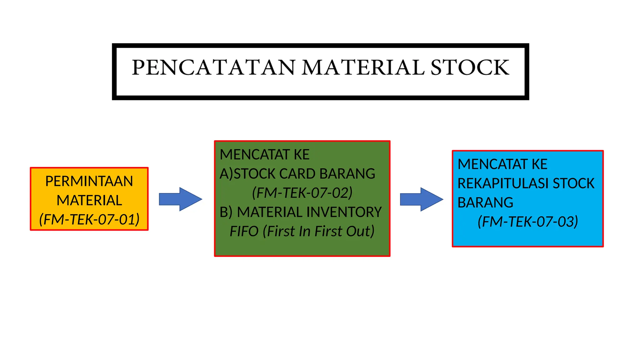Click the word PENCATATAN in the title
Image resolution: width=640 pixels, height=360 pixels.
coord(213,67)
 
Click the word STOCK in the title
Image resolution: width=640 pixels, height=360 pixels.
coord(470,67)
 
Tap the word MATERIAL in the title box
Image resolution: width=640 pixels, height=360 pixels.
coord(363,67)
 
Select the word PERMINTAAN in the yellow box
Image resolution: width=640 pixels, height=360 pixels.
coord(89,181)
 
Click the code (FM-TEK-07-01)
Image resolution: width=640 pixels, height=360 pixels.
coord(89,219)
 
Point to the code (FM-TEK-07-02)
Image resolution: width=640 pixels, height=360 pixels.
coord(302,193)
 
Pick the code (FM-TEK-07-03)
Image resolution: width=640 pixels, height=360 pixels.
coord(528,222)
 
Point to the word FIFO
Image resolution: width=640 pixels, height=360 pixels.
coord(244,231)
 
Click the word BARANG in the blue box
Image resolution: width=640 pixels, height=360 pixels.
coord(485,202)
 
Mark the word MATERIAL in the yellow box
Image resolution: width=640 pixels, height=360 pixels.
coord(89,200)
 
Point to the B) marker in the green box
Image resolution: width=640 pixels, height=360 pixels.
coord(226,212)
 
